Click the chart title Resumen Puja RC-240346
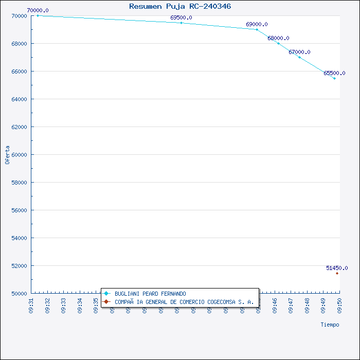pyautogui.click(x=180, y=6)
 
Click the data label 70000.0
pyautogui.click(x=38, y=10)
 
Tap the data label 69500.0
pyautogui.click(x=181, y=17)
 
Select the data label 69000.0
pyautogui.click(x=257, y=24)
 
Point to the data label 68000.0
pyautogui.click(x=278, y=38)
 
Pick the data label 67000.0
pyautogui.click(x=299, y=52)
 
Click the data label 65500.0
pyautogui.click(x=334, y=73)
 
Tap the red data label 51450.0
pyautogui.click(x=337, y=268)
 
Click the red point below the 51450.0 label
pyautogui.click(x=337, y=273)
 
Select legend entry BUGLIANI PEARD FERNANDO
pyautogui.click(x=150, y=294)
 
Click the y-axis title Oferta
pyautogui.click(x=7, y=154)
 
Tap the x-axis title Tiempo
pyautogui.click(x=330, y=325)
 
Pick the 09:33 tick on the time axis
pyautogui.click(x=63, y=305)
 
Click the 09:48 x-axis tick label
pyautogui.click(x=307, y=305)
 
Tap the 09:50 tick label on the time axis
pyautogui.click(x=339, y=305)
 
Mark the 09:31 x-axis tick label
pyautogui.click(x=31, y=305)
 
